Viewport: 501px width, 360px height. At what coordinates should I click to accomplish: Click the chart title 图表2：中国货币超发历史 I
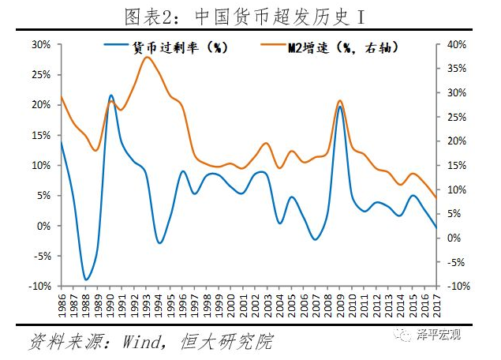point(251,14)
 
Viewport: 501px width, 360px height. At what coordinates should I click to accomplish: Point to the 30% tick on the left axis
point(41,44)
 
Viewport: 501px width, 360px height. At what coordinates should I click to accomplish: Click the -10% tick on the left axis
point(39,286)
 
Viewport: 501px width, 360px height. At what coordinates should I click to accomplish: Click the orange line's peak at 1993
point(147,57)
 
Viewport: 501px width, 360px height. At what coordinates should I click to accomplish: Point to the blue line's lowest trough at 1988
point(86,279)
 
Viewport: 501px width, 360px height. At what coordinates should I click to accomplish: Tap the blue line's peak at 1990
point(110,96)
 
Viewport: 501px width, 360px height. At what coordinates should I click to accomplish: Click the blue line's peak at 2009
point(339,106)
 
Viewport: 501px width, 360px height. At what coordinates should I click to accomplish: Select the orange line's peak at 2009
point(339,101)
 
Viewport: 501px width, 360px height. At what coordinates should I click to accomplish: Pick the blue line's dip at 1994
point(159,242)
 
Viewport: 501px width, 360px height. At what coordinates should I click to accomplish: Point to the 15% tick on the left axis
point(41,135)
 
